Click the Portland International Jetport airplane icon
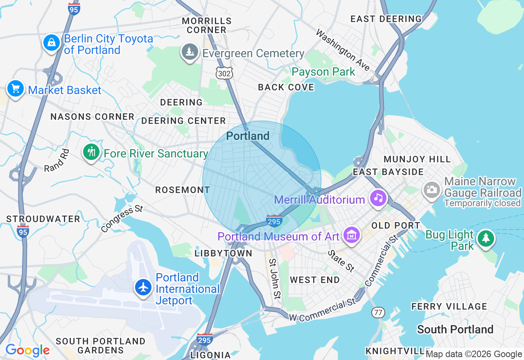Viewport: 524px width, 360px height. pos(143,288)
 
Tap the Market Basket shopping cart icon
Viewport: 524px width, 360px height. pos(16,88)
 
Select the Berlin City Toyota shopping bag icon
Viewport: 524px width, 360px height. pos(52,43)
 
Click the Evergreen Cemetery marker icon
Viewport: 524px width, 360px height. pos(190,52)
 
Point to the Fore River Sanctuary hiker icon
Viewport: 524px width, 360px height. pos(91,152)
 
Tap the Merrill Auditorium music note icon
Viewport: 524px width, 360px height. pos(378,198)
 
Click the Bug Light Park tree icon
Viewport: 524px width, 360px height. pos(486,238)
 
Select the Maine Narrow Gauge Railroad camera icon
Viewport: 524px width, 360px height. pos(431,190)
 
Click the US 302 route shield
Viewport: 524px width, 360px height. pos(224,73)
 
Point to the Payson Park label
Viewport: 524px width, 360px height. pos(323,72)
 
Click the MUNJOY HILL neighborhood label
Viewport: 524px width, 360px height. pos(417,159)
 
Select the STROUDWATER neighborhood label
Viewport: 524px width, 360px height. pos(43,219)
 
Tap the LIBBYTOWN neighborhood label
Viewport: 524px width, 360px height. pos(224,254)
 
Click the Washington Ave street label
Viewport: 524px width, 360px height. pos(343,50)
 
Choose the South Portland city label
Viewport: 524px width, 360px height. pos(455,329)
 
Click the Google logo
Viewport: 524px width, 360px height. pos(27,351)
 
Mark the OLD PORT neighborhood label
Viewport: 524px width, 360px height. pos(395,225)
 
